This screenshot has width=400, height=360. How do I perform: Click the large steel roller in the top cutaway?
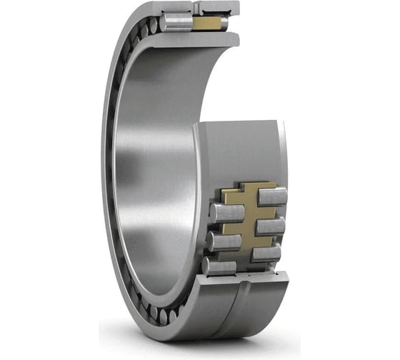[x=176, y=22]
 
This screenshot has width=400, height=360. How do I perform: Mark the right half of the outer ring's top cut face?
[x=218, y=8]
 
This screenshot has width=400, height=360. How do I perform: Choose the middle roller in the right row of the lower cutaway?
[x=271, y=226]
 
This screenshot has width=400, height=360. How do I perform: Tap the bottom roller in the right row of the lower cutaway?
[x=266, y=253]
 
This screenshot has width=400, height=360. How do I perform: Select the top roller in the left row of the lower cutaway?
[x=226, y=212]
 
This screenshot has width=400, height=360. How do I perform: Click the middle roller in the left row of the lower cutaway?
[x=224, y=240]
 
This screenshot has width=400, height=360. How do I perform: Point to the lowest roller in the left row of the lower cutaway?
[x=219, y=266]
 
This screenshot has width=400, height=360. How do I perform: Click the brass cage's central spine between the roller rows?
[x=247, y=221]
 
